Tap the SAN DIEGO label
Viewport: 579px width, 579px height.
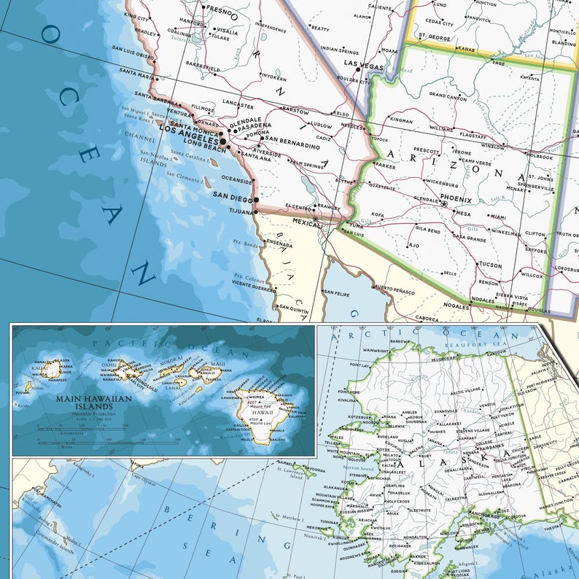[233, 195]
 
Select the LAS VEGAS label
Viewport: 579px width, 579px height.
[363, 66]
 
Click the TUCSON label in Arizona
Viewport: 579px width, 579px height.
[490, 265]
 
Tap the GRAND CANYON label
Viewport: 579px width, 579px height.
[448, 95]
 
